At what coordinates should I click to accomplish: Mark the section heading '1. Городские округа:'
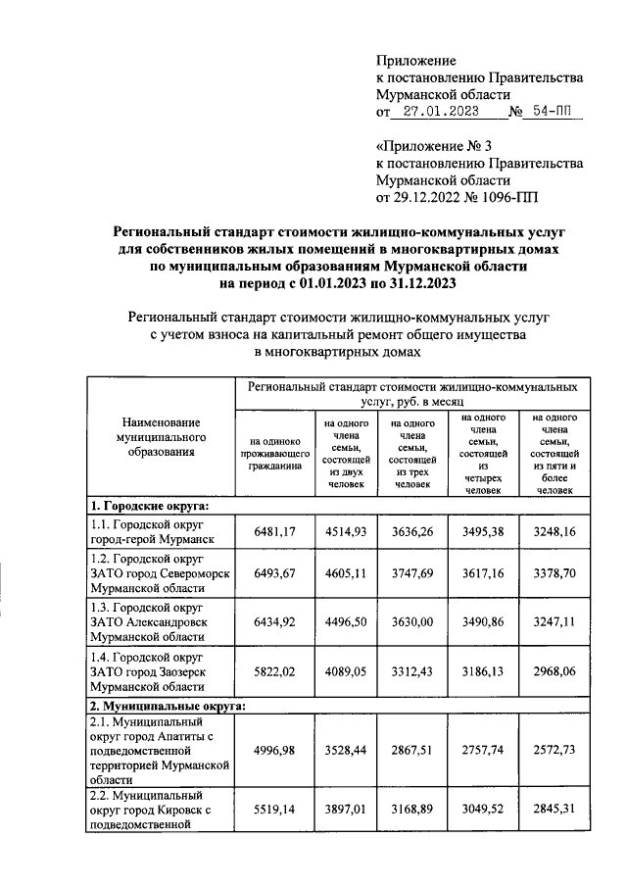click(x=150, y=505)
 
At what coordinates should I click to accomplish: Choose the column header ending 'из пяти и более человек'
click(x=554, y=454)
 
